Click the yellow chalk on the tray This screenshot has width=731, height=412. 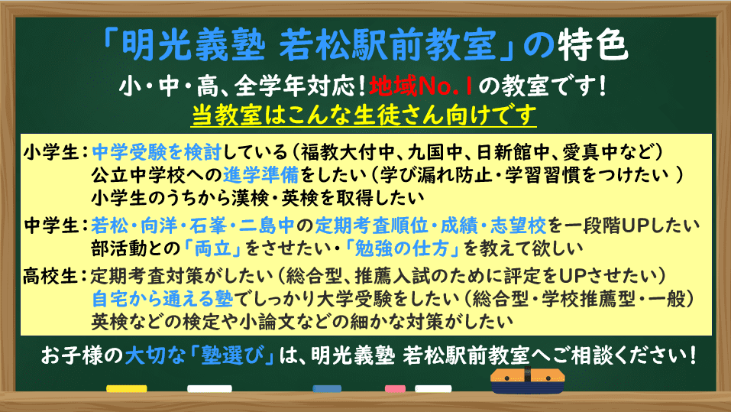(126, 388)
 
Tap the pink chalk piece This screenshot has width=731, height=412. (395, 388)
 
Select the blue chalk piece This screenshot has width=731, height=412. (327, 388)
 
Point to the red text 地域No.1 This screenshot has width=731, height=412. (422, 86)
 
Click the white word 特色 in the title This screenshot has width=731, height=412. (593, 45)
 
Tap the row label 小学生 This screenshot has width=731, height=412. (51, 152)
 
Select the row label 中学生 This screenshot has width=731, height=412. (51, 225)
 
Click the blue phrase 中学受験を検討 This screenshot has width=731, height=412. (157, 152)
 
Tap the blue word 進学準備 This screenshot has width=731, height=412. (261, 175)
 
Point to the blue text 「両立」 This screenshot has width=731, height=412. (213, 248)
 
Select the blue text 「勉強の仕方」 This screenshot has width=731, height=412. (402, 248)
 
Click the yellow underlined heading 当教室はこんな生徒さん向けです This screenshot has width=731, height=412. (364, 115)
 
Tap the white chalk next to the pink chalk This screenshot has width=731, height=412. (433, 388)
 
